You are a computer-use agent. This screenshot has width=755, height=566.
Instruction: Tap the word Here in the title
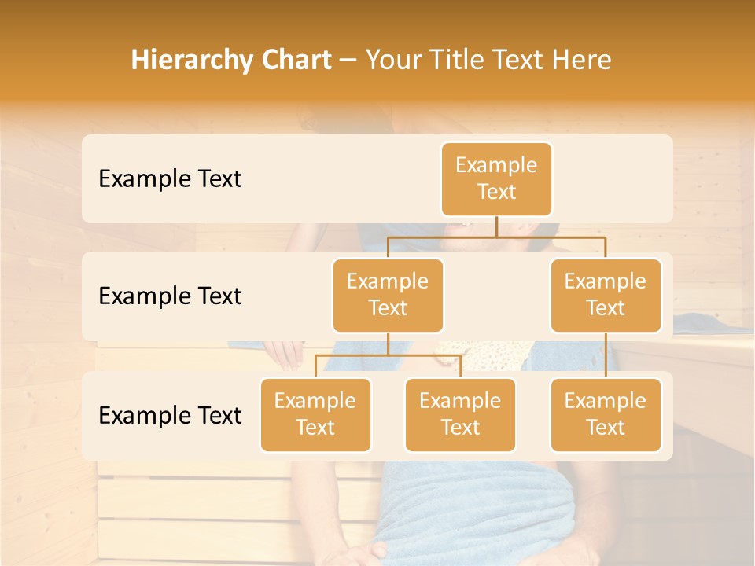580,61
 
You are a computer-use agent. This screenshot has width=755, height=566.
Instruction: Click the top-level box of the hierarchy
496,179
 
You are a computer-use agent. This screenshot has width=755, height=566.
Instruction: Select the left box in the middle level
388,296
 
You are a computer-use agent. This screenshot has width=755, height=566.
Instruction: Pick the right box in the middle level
606,296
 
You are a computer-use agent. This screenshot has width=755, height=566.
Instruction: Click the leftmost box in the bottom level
315,415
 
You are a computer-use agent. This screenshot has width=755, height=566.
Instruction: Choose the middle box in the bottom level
460,415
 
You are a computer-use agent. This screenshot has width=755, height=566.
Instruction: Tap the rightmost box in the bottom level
606,415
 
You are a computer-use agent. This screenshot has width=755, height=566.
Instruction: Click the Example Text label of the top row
170,179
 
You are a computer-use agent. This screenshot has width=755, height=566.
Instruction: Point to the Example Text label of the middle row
170,296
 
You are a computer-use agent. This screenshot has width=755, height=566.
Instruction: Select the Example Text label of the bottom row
170,416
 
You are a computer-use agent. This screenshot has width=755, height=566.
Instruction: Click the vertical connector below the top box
496,226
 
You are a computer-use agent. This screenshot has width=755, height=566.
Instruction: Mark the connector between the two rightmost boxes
606,355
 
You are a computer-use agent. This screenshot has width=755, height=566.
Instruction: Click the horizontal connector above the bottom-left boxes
388,355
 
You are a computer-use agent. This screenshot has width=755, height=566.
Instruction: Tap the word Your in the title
393,61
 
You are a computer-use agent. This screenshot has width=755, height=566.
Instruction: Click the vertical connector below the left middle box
388,344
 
